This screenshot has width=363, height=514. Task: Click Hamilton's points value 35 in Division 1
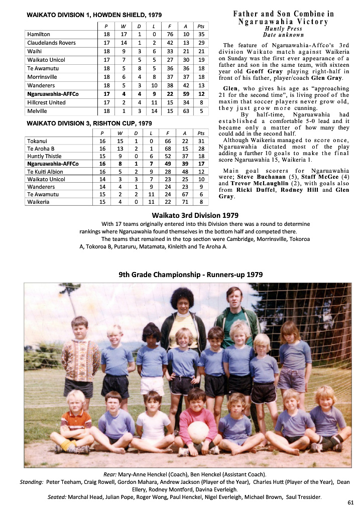(201, 34)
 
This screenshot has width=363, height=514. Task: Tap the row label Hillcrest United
(46, 102)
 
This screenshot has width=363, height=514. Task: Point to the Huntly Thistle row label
(44, 156)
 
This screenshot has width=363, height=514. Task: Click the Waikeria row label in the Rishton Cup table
(39, 202)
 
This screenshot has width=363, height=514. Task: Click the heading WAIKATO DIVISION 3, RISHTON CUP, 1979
(90, 123)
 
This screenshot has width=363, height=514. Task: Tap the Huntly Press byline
(284, 29)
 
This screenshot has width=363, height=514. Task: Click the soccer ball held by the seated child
(198, 432)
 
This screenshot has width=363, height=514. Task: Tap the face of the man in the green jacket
(232, 298)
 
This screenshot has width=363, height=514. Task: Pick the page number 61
(350, 502)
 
